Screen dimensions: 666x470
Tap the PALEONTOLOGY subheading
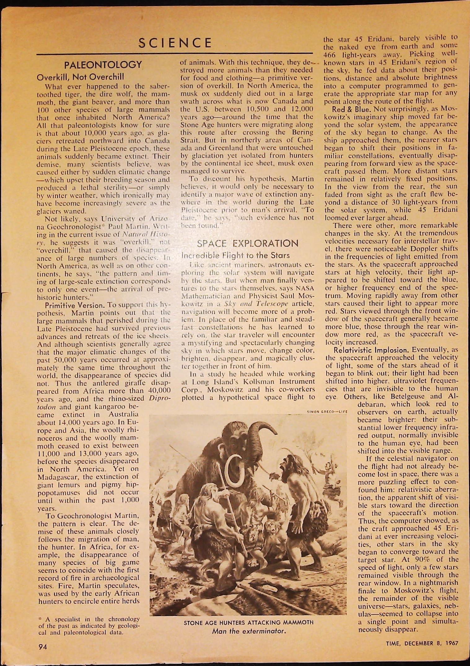103,65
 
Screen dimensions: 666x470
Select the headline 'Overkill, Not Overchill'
80,77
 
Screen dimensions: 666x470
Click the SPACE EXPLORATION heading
248,243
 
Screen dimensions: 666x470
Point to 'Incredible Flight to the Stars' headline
235,255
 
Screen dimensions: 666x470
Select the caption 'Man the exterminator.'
248,631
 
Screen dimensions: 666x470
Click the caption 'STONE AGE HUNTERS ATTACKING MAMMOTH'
248,622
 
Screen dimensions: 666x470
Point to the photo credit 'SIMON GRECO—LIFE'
327,412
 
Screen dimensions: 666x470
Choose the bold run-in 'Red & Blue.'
352,109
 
